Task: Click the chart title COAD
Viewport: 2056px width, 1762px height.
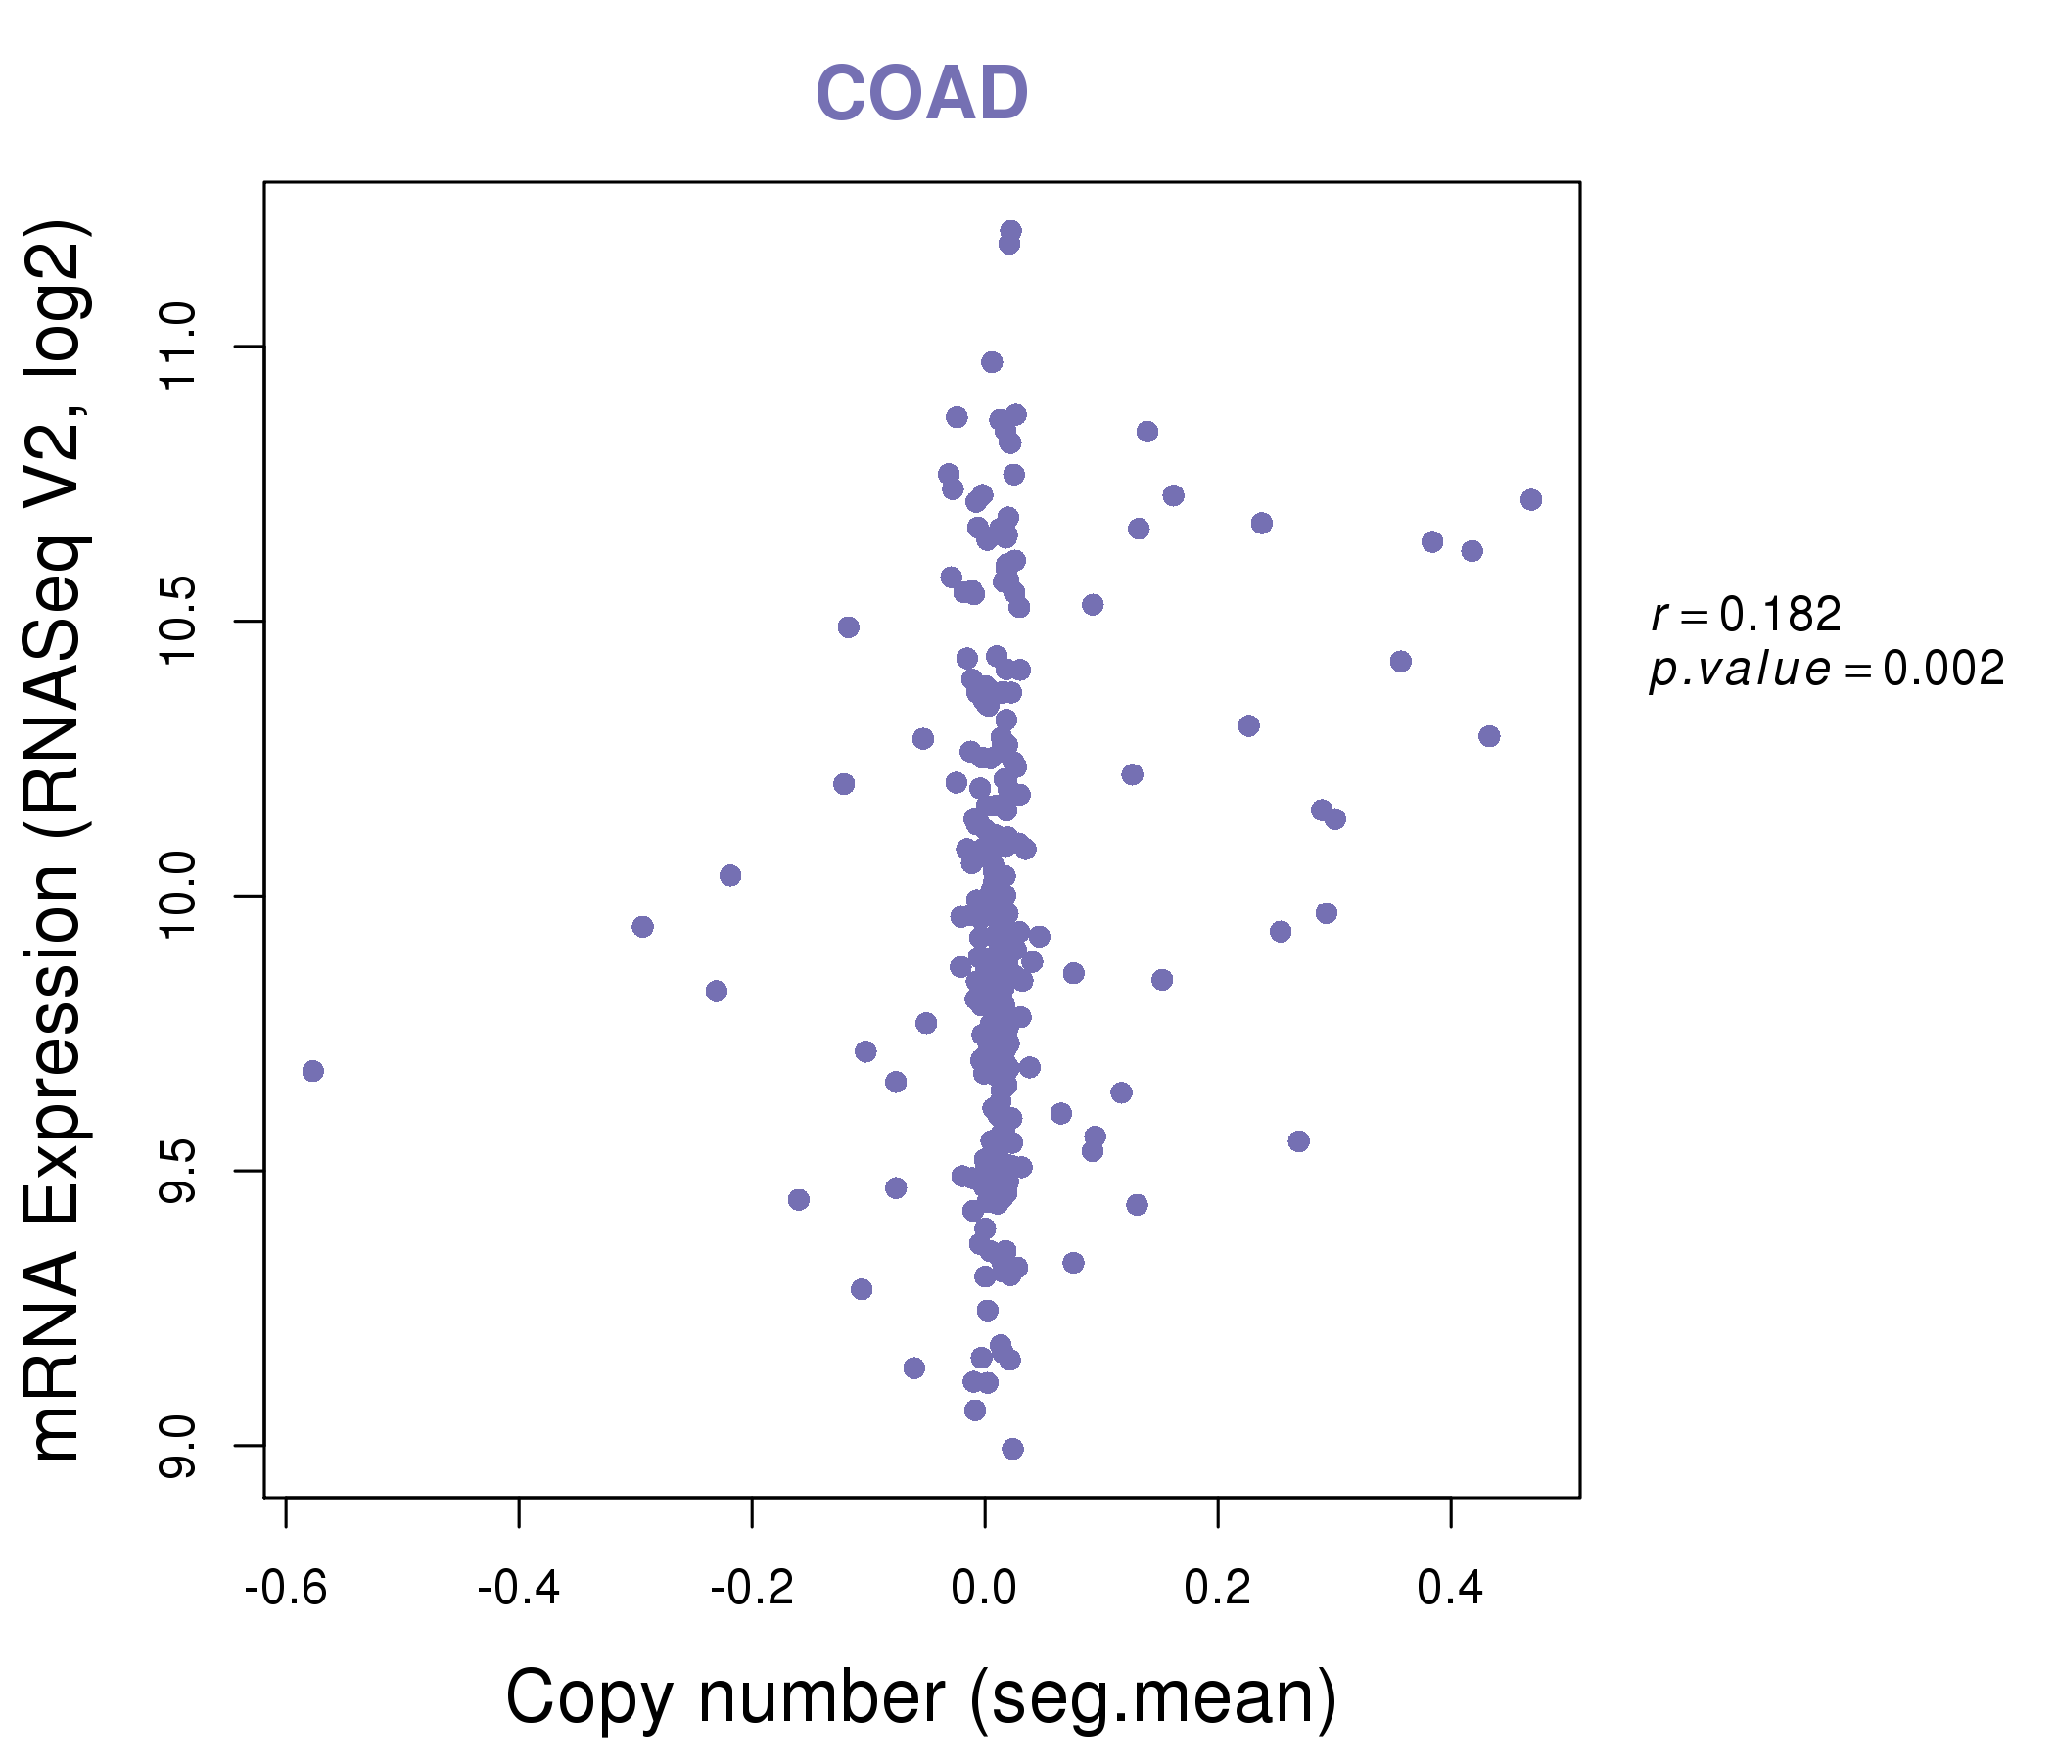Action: [x=921, y=94]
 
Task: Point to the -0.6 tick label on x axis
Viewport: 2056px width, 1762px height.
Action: [x=286, y=1589]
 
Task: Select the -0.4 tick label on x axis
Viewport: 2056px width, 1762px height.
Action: [x=519, y=1589]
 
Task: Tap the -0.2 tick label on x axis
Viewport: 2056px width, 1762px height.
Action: [x=752, y=1589]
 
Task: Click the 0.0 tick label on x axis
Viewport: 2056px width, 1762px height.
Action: [x=984, y=1589]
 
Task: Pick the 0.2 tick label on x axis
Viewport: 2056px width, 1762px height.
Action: [x=1218, y=1589]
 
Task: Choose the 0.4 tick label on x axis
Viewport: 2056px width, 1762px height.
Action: [x=1451, y=1589]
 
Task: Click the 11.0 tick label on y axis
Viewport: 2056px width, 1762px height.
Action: [x=178, y=348]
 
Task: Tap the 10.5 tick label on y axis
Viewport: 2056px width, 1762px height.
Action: [x=178, y=622]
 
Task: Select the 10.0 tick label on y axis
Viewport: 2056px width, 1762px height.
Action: [x=178, y=897]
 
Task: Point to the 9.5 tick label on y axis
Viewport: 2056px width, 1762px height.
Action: [x=178, y=1172]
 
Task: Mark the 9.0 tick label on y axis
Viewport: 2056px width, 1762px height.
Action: [x=178, y=1447]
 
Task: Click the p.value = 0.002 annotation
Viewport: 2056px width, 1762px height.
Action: [x=1827, y=670]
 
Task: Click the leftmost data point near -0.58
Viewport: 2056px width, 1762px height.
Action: [x=312, y=1071]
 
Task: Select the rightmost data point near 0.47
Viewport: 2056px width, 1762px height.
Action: [x=1531, y=499]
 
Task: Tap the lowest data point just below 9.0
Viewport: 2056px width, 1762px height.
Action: [x=1012, y=1449]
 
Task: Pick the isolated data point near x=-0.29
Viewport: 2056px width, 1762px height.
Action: [x=642, y=927]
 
